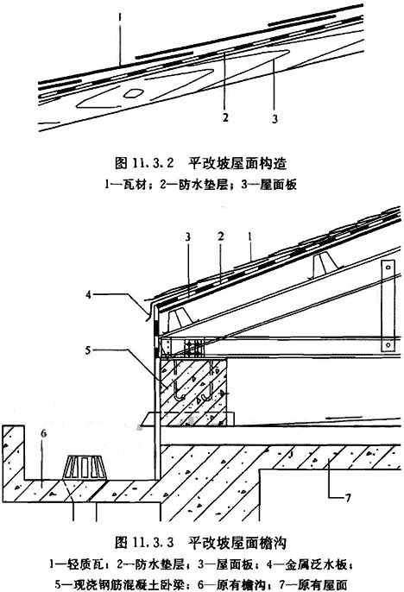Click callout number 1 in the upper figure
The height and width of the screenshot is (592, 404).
point(120,17)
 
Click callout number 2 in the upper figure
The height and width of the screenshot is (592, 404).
point(225,117)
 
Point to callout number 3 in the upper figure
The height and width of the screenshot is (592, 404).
point(275,118)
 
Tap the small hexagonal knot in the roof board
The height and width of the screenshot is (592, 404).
point(133,93)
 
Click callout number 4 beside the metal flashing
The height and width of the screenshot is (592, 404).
point(88,294)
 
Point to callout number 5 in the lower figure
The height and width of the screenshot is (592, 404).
point(87,350)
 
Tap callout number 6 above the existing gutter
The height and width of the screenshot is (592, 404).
point(44,433)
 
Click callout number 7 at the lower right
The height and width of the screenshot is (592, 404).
point(348,498)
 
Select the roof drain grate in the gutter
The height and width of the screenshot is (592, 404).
point(84,468)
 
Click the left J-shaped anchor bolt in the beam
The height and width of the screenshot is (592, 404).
point(178,381)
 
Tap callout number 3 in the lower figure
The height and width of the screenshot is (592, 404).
point(187,237)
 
